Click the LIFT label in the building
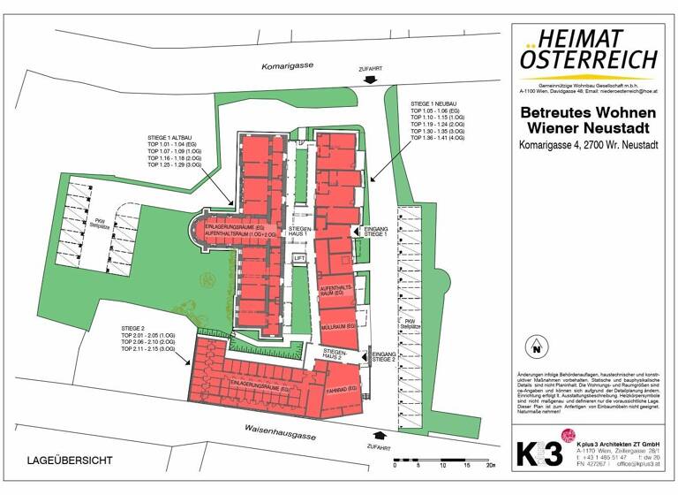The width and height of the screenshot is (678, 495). click(299, 259)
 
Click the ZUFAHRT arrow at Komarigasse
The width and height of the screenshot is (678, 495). click(370, 80)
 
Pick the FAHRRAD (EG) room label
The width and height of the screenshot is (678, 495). click(342, 390)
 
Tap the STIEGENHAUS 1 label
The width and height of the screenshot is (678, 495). click(299, 232)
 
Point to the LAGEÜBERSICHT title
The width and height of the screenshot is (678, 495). click(70, 461)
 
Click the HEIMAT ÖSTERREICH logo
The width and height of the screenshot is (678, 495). click(588, 50)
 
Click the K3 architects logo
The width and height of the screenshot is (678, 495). click(539, 453)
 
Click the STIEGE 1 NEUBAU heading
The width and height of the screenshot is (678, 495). click(437, 104)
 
